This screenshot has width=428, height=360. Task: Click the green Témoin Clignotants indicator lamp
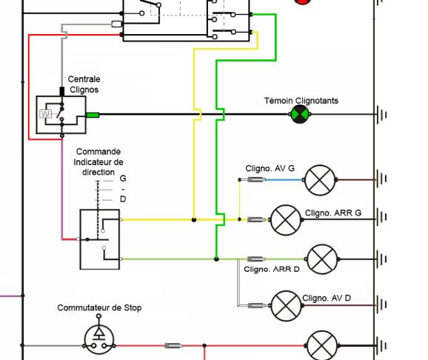tap(300, 115)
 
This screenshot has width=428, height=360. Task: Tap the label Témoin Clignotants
tap(301, 100)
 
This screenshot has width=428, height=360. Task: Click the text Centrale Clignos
tap(84, 84)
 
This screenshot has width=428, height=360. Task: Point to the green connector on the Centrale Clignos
tap(93, 115)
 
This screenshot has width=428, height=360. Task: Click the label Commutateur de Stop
tap(99, 307)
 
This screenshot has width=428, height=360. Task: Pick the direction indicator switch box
tap(99, 239)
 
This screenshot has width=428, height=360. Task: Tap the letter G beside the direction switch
tap(123, 179)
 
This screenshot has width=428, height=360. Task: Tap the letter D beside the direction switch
tap(123, 199)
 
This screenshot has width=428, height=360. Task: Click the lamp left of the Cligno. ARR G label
tap(284, 219)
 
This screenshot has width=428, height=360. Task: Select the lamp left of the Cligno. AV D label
tap(284, 304)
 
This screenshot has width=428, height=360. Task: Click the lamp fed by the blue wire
tap(321, 179)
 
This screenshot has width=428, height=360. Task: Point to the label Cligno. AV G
tap(270, 168)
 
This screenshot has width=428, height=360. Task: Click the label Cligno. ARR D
tap(272, 269)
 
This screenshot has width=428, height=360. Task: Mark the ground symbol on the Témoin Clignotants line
tap(382, 115)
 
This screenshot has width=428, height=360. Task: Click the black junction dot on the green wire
tap(216, 259)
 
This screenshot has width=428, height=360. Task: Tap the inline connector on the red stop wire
tap(173, 346)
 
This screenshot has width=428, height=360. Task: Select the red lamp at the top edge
tap(302, 2)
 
